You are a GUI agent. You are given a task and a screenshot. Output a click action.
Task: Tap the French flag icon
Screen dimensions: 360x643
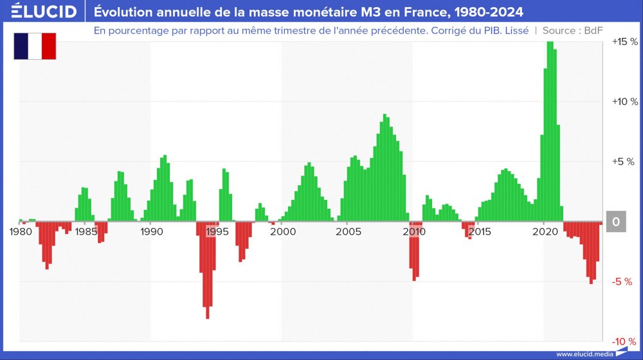pyautogui.click(x=35, y=46)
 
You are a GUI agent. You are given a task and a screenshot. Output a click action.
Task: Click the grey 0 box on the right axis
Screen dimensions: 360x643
pyautogui.click(x=615, y=222)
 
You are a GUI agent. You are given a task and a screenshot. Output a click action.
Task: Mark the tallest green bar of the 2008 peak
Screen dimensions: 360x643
pyautogui.click(x=385, y=167)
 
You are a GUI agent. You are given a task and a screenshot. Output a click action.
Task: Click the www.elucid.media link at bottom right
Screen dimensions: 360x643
pyautogui.click(x=583, y=354)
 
